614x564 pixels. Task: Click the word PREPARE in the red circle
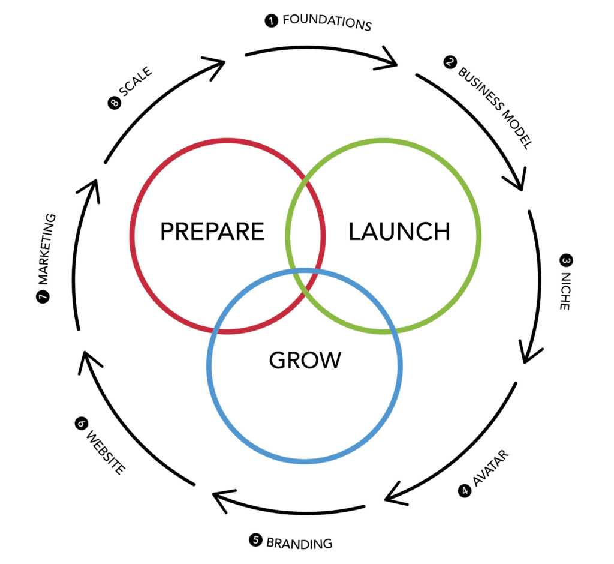point(212,232)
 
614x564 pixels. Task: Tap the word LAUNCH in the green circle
point(399,232)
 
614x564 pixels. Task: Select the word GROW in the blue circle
point(305,360)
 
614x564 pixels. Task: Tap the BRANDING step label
point(299,542)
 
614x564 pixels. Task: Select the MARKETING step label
point(47,248)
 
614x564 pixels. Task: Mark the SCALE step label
point(136,82)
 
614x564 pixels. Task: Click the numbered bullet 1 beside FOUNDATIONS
point(272,21)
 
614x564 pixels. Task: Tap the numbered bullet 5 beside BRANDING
point(255,540)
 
